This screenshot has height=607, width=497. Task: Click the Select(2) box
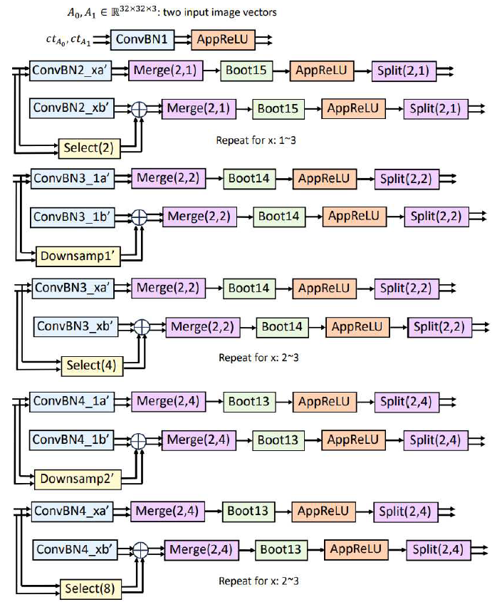pos(89,148)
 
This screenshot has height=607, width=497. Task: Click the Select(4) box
pos(91,366)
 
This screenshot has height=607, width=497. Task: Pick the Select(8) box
pos(90,588)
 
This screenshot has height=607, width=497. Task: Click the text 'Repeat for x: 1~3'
pos(256,140)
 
